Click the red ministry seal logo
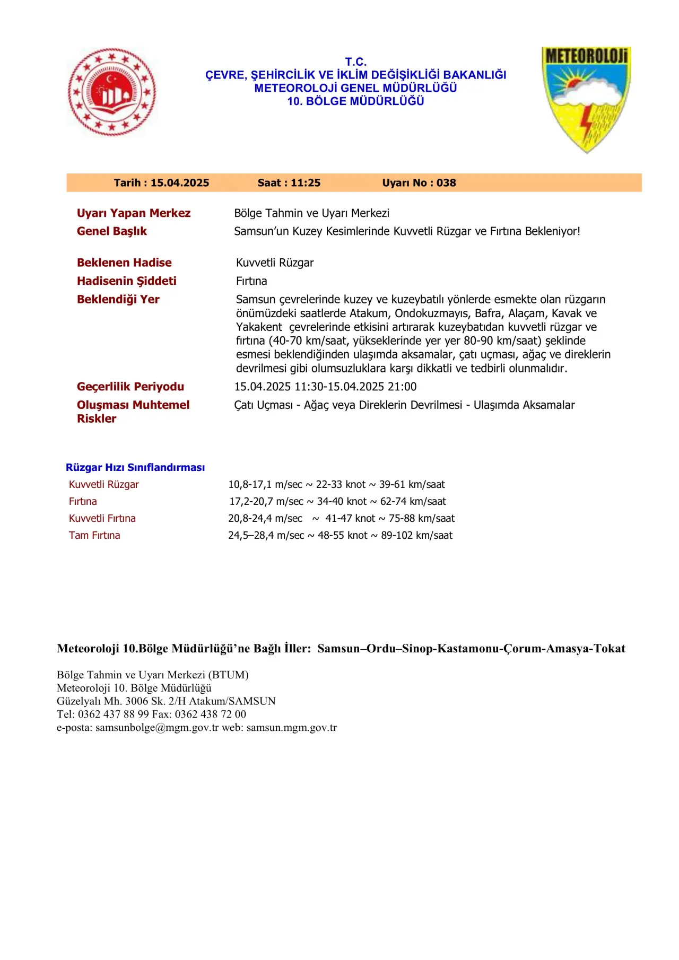tap(112, 92)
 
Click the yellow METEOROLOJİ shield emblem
tap(586, 98)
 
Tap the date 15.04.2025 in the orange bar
tap(180, 183)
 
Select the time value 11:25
tap(306, 183)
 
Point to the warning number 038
tap(446, 183)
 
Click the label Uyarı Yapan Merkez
tap(134, 213)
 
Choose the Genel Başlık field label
tap(112, 231)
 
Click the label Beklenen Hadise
tap(124, 263)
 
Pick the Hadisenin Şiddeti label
tap(127, 281)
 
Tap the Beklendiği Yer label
tap(118, 299)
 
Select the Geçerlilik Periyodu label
tap(130, 387)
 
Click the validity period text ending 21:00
tap(325, 387)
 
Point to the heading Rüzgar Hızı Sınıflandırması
tap(135, 467)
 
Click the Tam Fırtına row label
tap(94, 535)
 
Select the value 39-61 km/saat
tap(412, 484)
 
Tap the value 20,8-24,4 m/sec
tap(265, 518)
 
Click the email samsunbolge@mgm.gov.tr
tap(157, 728)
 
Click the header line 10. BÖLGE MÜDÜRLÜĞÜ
tap(355, 101)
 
